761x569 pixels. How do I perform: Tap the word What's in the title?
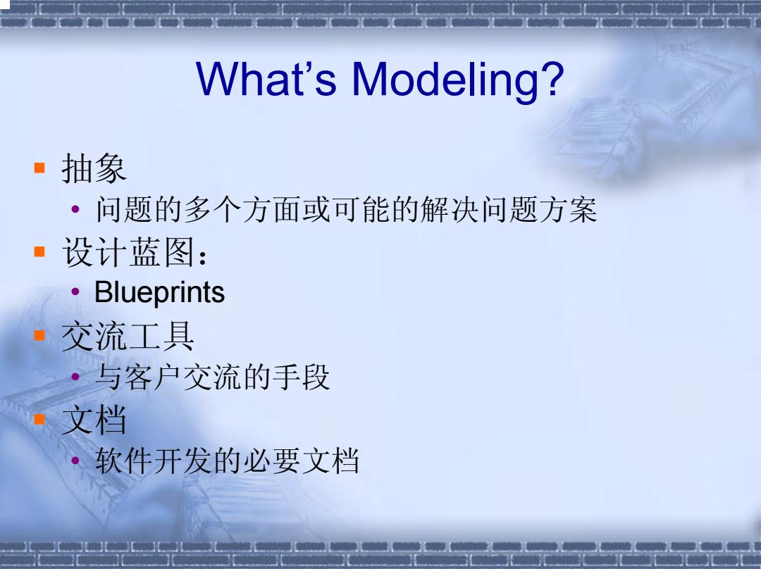click(x=266, y=78)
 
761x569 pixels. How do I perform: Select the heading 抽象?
click(x=94, y=168)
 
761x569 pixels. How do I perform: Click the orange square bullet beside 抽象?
click(x=39, y=168)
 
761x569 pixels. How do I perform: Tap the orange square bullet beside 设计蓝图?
click(x=39, y=251)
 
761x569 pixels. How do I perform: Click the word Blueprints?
click(x=160, y=292)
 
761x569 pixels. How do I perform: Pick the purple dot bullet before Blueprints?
click(x=75, y=292)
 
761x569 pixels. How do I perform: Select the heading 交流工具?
click(x=128, y=336)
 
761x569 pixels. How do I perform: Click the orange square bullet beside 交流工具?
click(x=39, y=335)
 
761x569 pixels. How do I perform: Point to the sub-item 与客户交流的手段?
click(x=213, y=377)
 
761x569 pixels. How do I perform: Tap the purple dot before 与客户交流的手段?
click(x=75, y=376)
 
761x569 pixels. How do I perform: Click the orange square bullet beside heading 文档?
click(x=39, y=419)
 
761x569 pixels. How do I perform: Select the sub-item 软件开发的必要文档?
click(x=227, y=461)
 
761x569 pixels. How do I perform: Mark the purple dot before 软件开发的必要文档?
click(x=75, y=460)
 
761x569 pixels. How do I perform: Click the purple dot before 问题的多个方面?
click(x=75, y=209)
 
